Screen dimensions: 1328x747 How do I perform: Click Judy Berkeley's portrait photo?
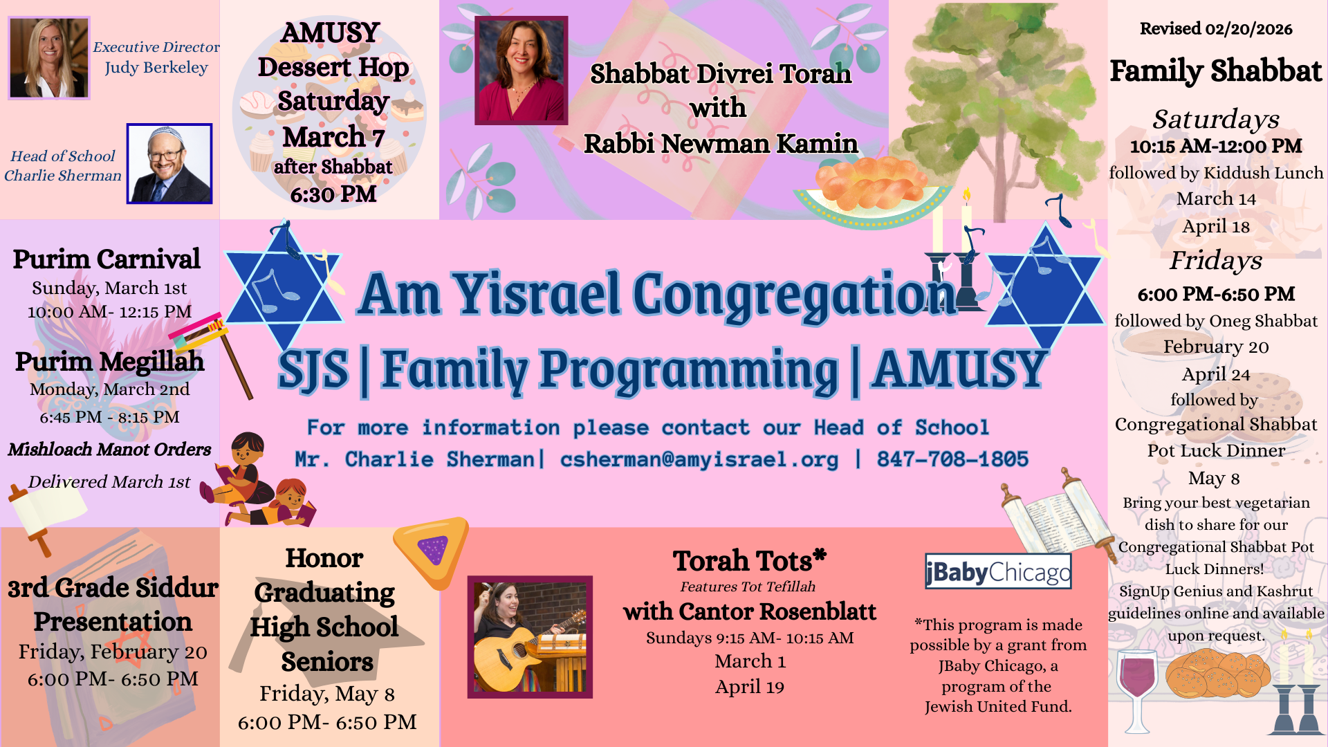click(x=49, y=58)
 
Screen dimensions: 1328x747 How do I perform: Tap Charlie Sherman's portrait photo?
click(x=169, y=164)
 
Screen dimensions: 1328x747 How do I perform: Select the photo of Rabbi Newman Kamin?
click(x=522, y=71)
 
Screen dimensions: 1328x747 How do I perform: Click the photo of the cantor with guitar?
click(x=530, y=637)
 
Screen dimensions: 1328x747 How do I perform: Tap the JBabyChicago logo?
click(x=998, y=571)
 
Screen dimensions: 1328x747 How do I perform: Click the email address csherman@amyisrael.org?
click(x=699, y=459)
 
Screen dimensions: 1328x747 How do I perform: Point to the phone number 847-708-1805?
click(x=952, y=459)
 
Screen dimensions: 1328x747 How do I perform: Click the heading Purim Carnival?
click(x=107, y=259)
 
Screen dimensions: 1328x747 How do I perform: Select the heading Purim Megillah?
click(x=109, y=362)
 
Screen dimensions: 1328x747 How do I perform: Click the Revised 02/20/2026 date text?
click(x=1216, y=29)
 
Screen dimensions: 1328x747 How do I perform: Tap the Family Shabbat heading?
click(x=1216, y=71)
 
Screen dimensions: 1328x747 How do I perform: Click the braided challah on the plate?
click(x=870, y=183)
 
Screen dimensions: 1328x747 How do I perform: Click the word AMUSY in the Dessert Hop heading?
click(x=331, y=33)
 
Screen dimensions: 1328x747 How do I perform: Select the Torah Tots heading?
click(x=750, y=560)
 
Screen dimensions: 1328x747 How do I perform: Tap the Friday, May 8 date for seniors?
click(x=327, y=694)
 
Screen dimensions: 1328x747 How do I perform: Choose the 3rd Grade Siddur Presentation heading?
click(x=113, y=605)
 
